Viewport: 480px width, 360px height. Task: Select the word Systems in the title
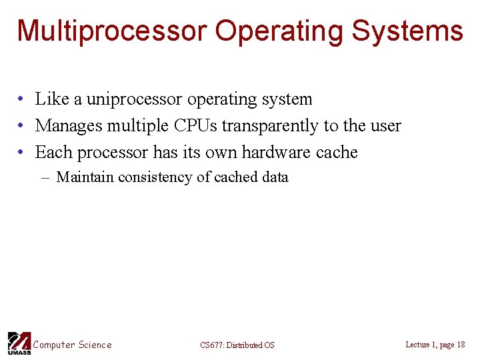click(x=407, y=31)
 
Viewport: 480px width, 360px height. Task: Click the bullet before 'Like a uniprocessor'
click(x=21, y=99)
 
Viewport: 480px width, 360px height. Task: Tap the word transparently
click(x=271, y=126)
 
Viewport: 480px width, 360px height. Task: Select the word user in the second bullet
click(x=385, y=125)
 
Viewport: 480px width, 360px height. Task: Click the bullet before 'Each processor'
click(x=21, y=153)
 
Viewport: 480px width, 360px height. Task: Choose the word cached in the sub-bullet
click(x=236, y=177)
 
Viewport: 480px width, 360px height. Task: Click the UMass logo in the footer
click(x=18, y=343)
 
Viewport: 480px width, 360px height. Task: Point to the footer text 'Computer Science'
click(x=73, y=345)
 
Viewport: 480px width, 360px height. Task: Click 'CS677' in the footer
click(x=211, y=345)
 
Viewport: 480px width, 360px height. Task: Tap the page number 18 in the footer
click(x=461, y=345)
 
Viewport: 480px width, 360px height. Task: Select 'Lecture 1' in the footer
click(x=420, y=345)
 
